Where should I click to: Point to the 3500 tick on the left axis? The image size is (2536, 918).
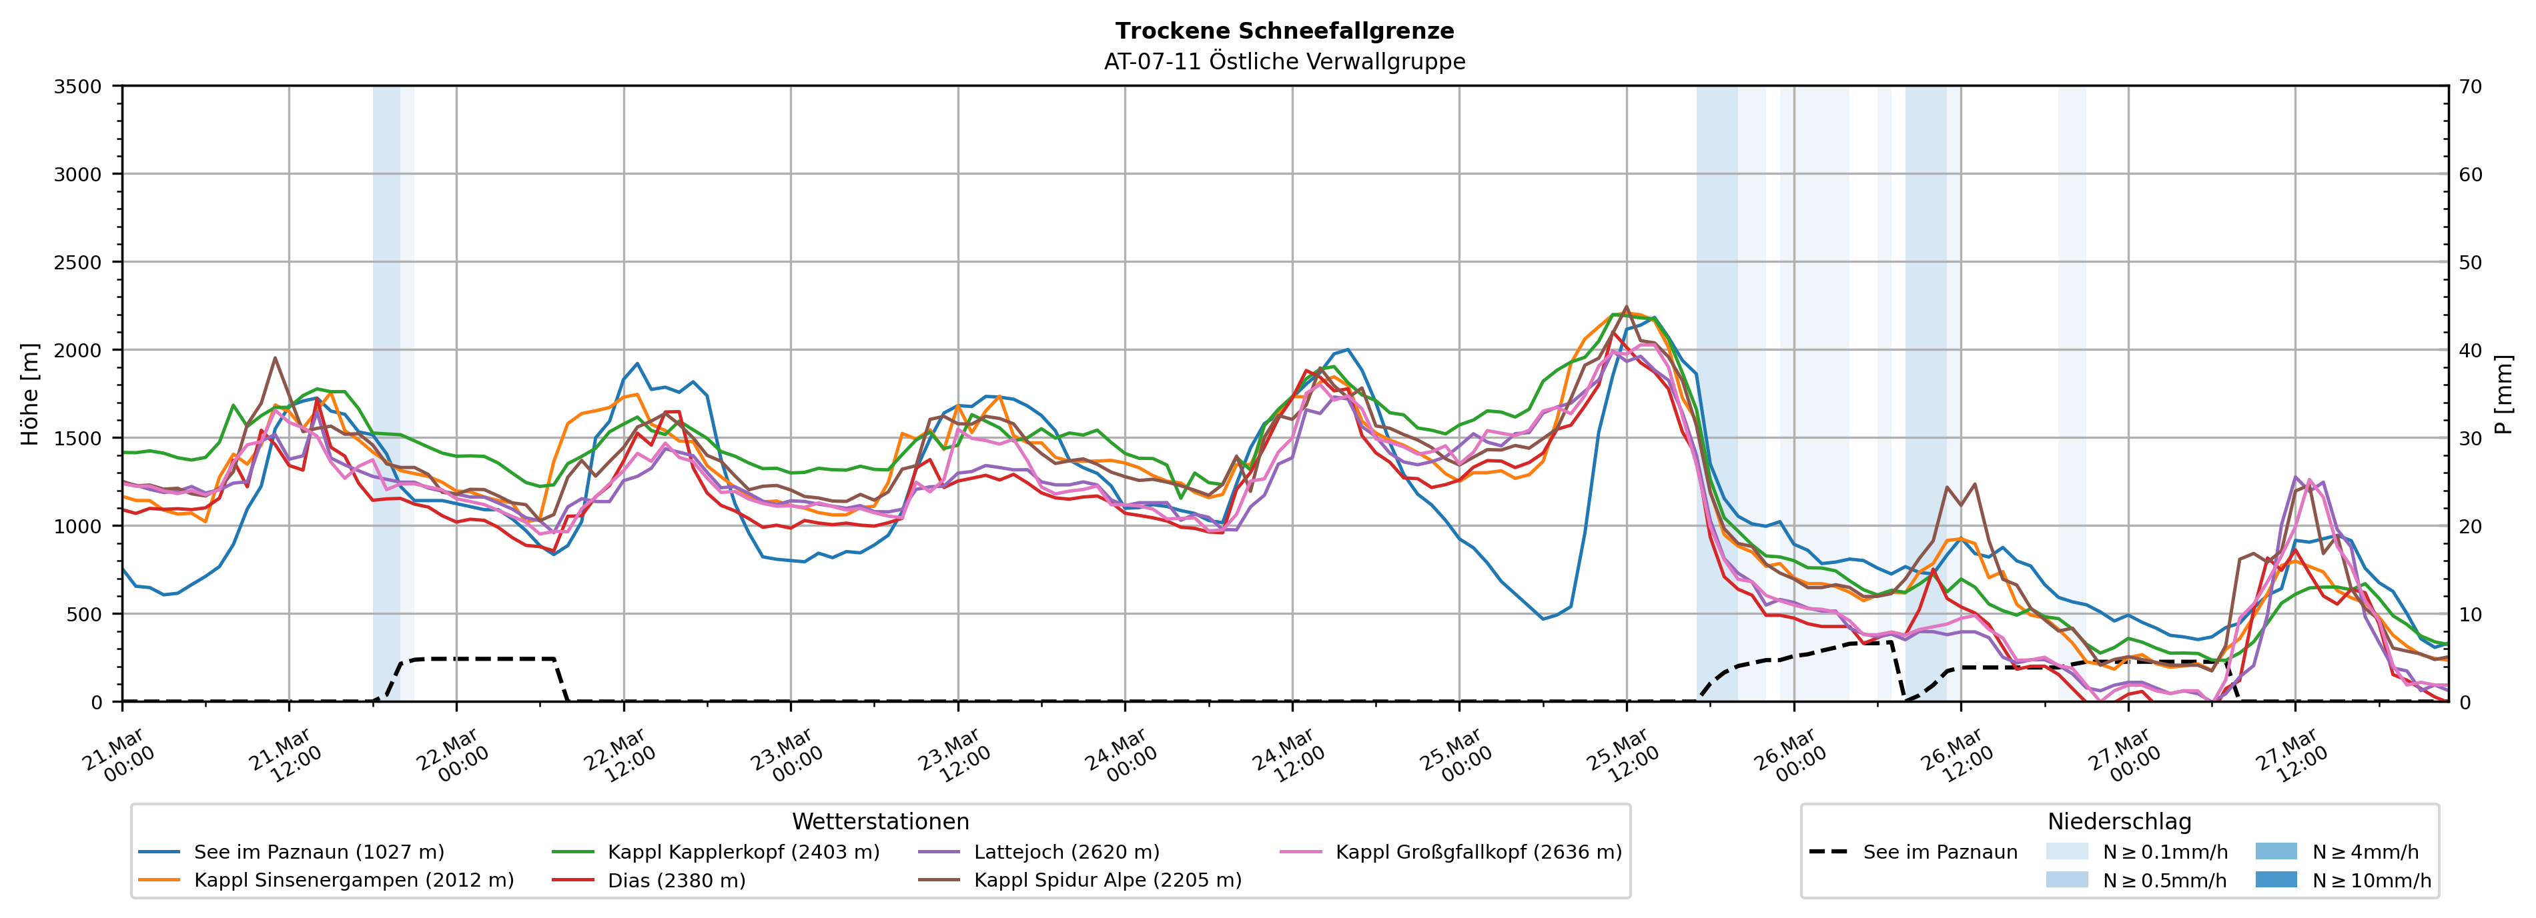(x=78, y=87)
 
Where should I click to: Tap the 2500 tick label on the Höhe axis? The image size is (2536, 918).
(x=78, y=263)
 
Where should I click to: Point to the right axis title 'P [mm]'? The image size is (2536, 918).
(x=2503, y=393)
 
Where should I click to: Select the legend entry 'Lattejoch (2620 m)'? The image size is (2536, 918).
(x=1066, y=852)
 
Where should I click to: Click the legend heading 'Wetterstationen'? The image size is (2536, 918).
(x=880, y=821)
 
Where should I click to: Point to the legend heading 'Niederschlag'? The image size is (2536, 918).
(x=2118, y=821)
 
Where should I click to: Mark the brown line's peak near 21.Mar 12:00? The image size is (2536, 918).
(x=275, y=358)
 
